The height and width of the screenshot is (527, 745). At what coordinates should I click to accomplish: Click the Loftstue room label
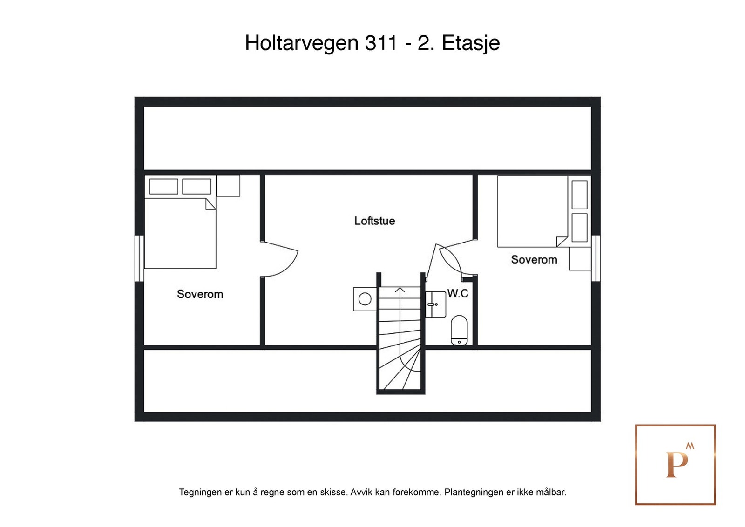point(374,221)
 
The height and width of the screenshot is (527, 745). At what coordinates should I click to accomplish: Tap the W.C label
point(458,293)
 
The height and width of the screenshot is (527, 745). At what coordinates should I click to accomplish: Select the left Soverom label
point(200,294)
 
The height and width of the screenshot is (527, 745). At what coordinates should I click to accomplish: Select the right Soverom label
point(534,260)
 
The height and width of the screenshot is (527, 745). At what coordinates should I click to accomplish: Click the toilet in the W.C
point(459,330)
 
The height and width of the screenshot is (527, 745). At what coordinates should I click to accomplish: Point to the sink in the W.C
point(435,304)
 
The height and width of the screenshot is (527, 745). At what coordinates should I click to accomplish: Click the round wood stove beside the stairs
point(365,299)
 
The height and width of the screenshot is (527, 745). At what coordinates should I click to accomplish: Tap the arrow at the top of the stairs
point(400,291)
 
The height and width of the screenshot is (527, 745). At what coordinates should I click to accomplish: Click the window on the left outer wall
point(139,258)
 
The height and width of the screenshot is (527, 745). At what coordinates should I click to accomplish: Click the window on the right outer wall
point(596,258)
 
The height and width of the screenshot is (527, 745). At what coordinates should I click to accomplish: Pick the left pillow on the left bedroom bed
point(163,186)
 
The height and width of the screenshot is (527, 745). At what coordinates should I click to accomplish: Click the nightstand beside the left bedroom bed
point(228,186)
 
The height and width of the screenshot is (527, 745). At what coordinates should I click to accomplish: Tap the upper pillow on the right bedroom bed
point(579,195)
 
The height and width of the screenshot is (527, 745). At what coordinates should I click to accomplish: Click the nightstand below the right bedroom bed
point(580,259)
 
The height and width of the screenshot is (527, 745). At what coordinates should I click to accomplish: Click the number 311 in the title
point(381,43)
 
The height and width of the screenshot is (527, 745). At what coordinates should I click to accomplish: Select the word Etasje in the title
point(470,43)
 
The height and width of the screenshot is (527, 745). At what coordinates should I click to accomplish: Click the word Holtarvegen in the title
point(301,43)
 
